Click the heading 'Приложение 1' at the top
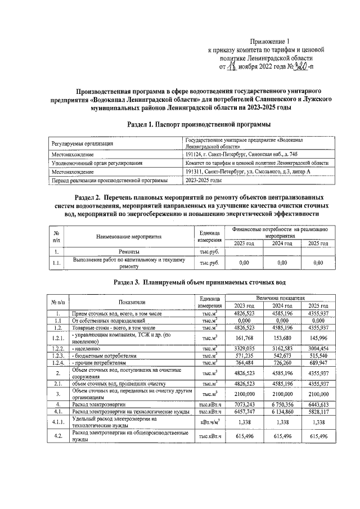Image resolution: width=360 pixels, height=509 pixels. (x=272, y=41)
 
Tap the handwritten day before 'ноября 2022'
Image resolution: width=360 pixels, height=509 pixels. (x=230, y=66)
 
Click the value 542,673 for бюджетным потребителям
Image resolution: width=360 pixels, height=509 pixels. (x=281, y=356)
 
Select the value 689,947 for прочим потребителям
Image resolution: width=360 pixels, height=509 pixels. (x=318, y=363)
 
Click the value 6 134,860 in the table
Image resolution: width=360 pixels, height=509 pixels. (x=281, y=427)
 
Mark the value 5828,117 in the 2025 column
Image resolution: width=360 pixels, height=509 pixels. (x=318, y=427)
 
